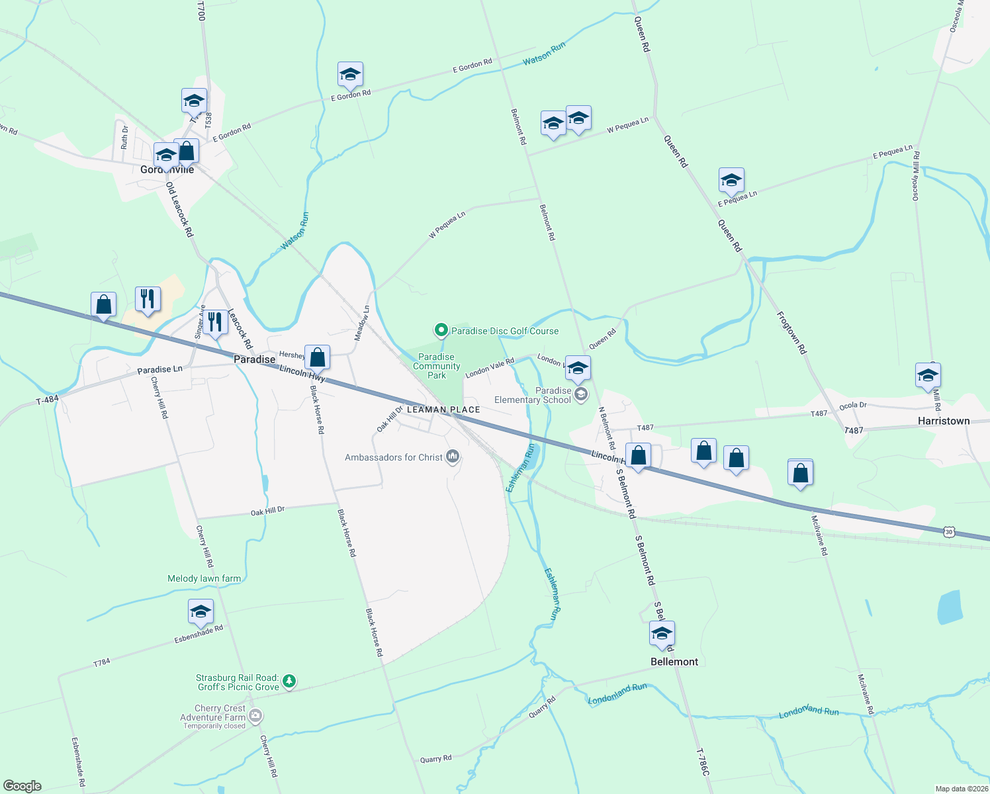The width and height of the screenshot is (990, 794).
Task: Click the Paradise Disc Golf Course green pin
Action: [x=441, y=330]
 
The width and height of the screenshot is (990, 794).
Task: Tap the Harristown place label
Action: [x=943, y=421]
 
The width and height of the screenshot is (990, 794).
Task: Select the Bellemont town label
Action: [x=674, y=662]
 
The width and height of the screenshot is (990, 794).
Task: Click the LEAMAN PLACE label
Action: [x=443, y=410]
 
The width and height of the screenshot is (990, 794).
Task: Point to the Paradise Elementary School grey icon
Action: [x=581, y=395]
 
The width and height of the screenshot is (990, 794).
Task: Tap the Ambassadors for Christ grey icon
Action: [x=453, y=457]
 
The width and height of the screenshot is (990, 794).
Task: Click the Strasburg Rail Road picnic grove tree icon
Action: [x=289, y=681]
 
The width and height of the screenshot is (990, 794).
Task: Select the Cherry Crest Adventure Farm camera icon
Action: [x=256, y=716]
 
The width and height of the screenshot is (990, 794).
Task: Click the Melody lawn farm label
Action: [x=204, y=578]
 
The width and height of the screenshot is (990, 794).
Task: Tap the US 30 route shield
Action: [x=950, y=532]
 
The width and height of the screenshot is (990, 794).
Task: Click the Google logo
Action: [x=22, y=785]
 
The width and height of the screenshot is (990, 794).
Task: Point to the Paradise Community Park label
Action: [x=436, y=366]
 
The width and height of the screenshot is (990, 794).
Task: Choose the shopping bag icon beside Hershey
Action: [x=318, y=357]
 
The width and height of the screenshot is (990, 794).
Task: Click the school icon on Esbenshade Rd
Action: [x=200, y=612]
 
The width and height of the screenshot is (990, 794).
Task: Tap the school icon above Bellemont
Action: [x=662, y=634]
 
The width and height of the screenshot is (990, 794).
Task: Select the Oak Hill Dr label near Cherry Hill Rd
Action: [x=267, y=511]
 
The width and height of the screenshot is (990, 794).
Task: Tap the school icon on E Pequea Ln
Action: [x=731, y=181]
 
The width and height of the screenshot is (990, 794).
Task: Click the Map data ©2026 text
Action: [x=962, y=789]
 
